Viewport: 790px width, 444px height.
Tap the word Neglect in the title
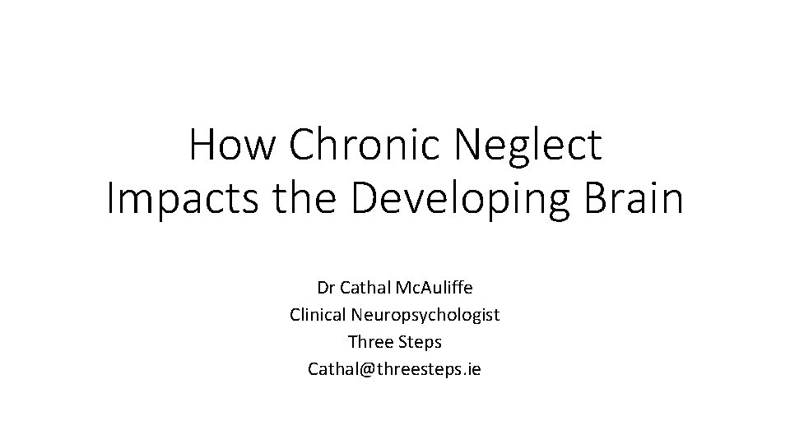[527, 146]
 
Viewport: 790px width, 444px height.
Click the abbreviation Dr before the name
[325, 289]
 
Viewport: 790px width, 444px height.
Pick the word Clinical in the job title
[318, 315]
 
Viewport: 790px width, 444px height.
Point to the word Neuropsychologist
[425, 316]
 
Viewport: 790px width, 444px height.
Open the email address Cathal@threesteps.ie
[394, 369]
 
